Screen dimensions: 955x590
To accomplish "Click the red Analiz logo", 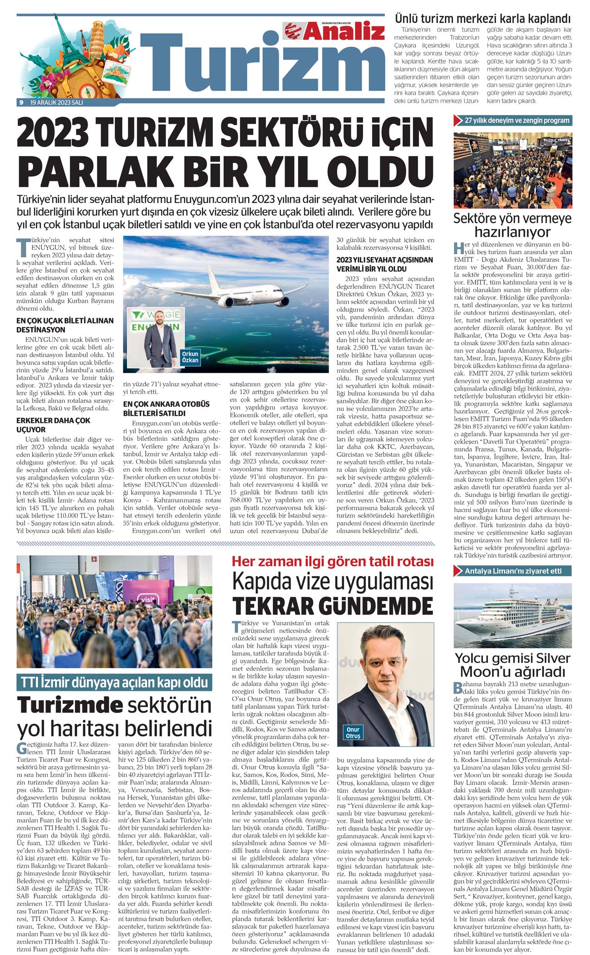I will [334, 31].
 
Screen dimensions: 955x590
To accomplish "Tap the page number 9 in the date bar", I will [21, 103].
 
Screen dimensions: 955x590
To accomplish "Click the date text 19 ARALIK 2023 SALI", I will [56, 103].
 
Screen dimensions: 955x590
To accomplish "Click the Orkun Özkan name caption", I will [190, 357].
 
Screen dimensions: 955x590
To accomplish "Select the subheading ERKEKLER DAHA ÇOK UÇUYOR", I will [53, 425].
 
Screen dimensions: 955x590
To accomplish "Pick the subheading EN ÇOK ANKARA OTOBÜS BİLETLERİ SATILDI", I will [166, 409].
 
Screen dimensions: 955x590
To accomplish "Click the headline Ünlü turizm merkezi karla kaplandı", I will [482, 19].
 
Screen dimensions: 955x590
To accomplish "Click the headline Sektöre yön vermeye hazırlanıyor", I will [512, 225].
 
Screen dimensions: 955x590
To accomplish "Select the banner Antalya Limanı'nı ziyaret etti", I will [513, 571].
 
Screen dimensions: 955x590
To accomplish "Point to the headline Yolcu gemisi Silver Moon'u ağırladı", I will [512, 665].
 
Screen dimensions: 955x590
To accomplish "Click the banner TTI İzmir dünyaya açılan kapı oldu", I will [114, 682].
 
